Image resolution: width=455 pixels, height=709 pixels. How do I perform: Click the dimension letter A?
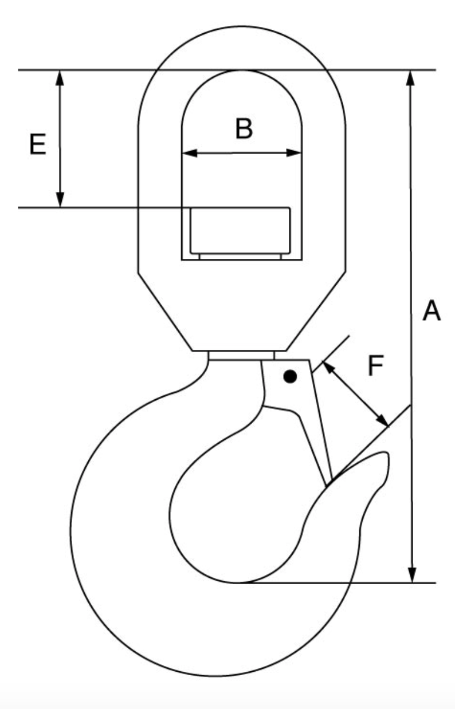[x=431, y=312]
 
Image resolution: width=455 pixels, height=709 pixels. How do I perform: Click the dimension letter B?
[x=244, y=129]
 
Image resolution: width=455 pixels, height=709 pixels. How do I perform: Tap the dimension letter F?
[x=375, y=367]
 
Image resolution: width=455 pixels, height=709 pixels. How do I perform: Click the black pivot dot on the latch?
[x=291, y=377]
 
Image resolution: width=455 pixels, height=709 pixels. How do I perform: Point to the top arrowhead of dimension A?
[x=410, y=77]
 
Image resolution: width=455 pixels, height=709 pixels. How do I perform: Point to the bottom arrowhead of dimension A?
[x=411, y=576]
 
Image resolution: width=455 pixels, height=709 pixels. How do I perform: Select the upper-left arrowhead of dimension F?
[x=328, y=367]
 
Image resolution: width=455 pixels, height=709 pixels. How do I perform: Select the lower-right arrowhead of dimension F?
[x=382, y=420]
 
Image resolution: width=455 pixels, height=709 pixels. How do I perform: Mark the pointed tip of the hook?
[x=385, y=454]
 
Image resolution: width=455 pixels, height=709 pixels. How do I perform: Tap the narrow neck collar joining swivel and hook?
[x=241, y=356]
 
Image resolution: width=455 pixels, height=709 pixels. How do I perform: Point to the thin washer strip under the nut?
[x=240, y=257]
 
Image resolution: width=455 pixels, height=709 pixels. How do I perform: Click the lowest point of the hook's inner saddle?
[x=241, y=582]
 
